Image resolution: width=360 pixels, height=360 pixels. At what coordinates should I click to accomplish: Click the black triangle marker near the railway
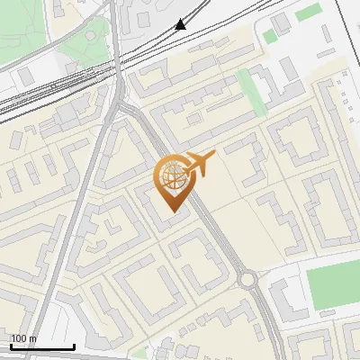[181, 24]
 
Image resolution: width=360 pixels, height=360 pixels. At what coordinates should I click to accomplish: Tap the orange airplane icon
[200, 164]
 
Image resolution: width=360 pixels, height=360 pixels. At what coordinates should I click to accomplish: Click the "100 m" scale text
[23, 339]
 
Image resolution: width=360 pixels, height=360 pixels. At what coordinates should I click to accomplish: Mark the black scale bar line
[42, 346]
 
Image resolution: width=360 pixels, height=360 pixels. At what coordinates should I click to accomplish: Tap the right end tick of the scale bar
[74, 346]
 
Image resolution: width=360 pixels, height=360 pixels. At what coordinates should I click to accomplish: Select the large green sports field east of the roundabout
[333, 283]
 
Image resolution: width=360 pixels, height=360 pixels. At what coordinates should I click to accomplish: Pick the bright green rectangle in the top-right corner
[309, 12]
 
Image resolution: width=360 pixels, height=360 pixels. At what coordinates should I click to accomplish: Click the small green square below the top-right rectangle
[269, 37]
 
